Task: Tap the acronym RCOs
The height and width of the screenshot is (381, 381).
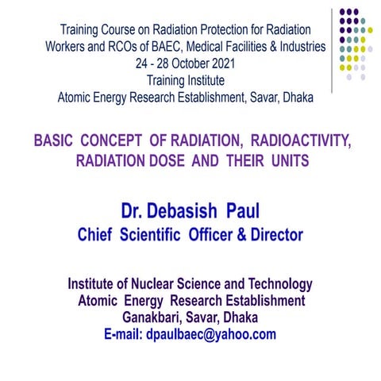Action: pos(106,47)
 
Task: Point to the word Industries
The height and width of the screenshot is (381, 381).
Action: pos(296,47)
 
